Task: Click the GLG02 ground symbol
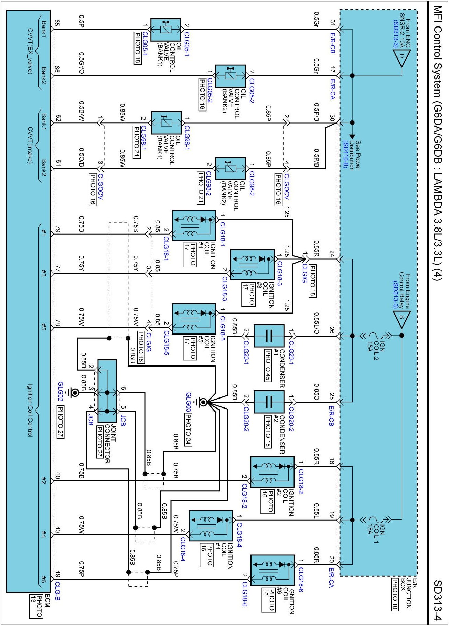coord(73,392)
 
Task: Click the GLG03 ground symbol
coord(203,402)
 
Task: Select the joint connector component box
coord(107,391)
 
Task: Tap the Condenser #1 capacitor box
coord(269,336)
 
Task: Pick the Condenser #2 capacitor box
coord(269,402)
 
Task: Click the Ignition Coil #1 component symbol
coord(194,225)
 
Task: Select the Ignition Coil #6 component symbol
coord(272,570)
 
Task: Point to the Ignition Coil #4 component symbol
coord(211,526)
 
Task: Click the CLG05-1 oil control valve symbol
coord(166,30)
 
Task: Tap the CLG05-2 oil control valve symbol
coord(231,76)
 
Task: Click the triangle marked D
coord(402,57)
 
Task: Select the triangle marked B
coord(402,318)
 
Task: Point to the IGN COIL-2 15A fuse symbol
coord(375,336)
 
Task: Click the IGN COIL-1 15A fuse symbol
coord(375,520)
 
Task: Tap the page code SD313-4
coord(437,600)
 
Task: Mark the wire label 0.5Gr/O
coord(81,63)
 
